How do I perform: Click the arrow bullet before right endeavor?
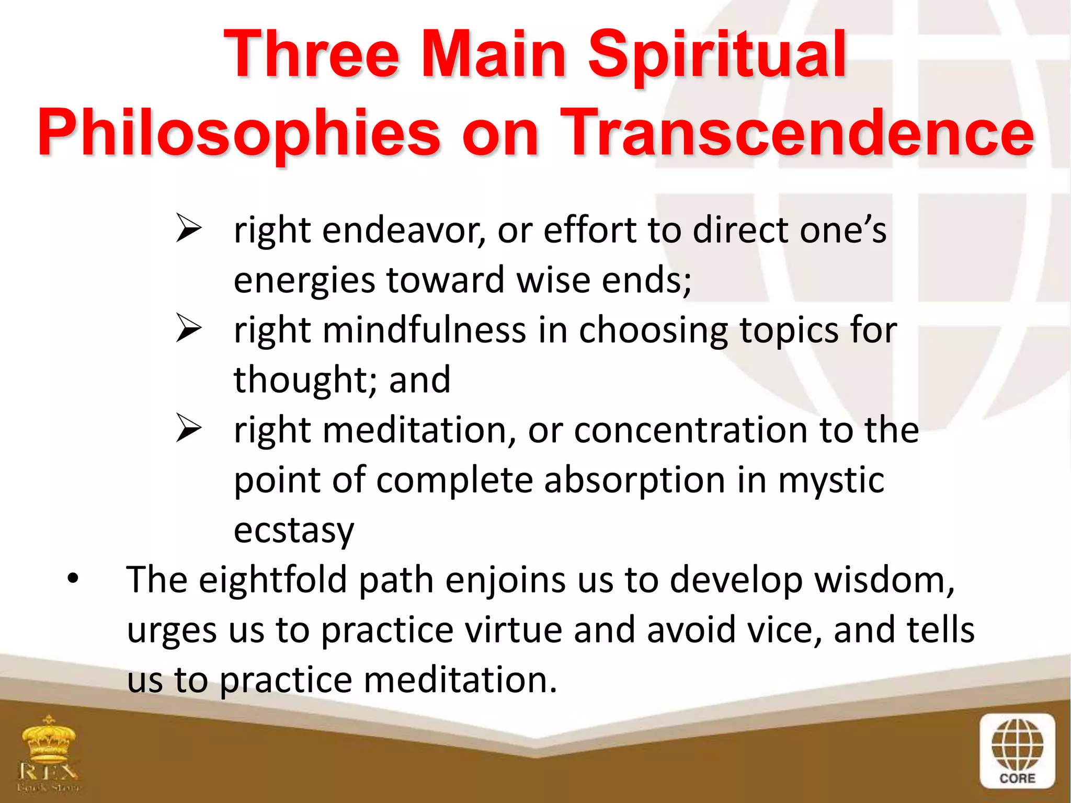[x=188, y=228]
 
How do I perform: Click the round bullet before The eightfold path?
[x=73, y=578]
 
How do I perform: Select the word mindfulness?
[x=425, y=330]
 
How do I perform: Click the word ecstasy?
[x=294, y=531]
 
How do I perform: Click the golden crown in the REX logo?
[x=48, y=740]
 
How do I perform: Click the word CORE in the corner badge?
[x=1017, y=778]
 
